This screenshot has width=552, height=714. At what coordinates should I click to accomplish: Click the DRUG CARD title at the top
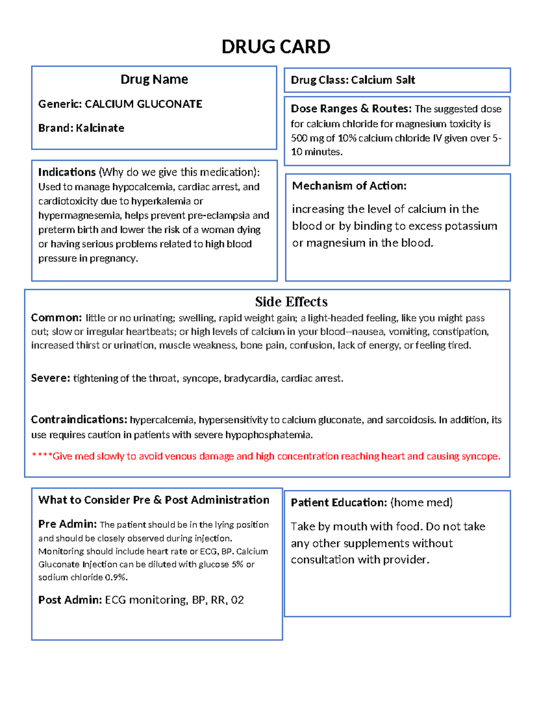(x=276, y=47)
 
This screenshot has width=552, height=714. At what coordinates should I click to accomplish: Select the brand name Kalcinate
(x=100, y=128)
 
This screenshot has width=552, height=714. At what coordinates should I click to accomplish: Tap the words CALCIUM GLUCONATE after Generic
(x=143, y=104)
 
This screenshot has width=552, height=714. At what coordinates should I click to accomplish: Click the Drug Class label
(x=319, y=80)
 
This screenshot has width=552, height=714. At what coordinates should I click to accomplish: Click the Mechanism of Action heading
(x=349, y=186)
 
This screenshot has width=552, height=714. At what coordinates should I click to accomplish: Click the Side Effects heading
(x=291, y=302)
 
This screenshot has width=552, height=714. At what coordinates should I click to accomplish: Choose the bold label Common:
(x=56, y=318)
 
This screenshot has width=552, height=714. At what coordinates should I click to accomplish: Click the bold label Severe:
(x=50, y=378)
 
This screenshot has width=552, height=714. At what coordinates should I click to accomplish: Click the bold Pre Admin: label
(x=67, y=524)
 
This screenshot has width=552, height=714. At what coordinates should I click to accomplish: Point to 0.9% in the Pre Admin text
(x=115, y=577)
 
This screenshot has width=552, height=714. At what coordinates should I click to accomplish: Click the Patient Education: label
(x=339, y=503)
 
